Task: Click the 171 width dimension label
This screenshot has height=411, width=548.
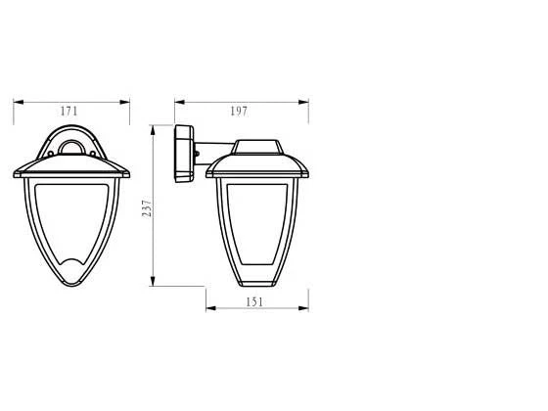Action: click(68, 112)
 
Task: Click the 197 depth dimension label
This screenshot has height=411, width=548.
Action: click(239, 112)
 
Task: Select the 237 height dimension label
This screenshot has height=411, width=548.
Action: click(147, 208)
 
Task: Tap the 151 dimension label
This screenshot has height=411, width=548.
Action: click(254, 302)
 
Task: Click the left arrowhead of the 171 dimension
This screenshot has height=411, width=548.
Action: click(19, 102)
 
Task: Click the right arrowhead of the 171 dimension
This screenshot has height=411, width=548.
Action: click(125, 102)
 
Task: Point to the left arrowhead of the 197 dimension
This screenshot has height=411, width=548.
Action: click(180, 102)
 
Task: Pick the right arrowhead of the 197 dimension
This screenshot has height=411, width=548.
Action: click(303, 102)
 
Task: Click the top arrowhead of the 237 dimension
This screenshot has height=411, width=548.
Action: click(153, 130)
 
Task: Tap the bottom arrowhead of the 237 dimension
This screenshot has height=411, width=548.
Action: click(153, 281)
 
